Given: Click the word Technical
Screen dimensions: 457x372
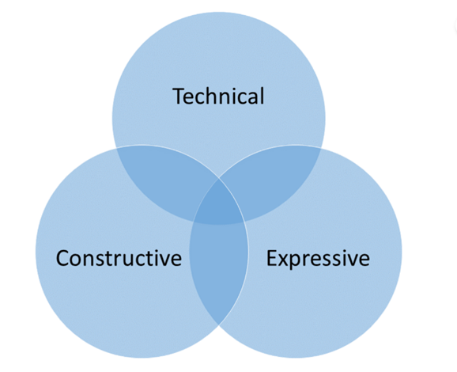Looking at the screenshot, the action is click(x=218, y=96).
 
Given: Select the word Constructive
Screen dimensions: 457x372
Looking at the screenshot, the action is click(x=119, y=258).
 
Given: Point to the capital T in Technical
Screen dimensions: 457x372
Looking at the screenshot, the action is click(x=179, y=96).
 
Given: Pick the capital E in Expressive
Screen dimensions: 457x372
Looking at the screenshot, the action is click(x=272, y=258).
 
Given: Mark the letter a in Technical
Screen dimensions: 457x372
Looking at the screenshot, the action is click(x=253, y=98).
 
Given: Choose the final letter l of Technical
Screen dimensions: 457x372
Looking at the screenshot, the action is click(x=262, y=96).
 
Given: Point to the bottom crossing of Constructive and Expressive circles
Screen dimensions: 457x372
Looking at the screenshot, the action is click(x=219, y=325).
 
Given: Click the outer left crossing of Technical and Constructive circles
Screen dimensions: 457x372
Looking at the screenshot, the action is click(x=116, y=148).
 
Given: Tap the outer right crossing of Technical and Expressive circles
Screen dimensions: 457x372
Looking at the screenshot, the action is click(x=321, y=148).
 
